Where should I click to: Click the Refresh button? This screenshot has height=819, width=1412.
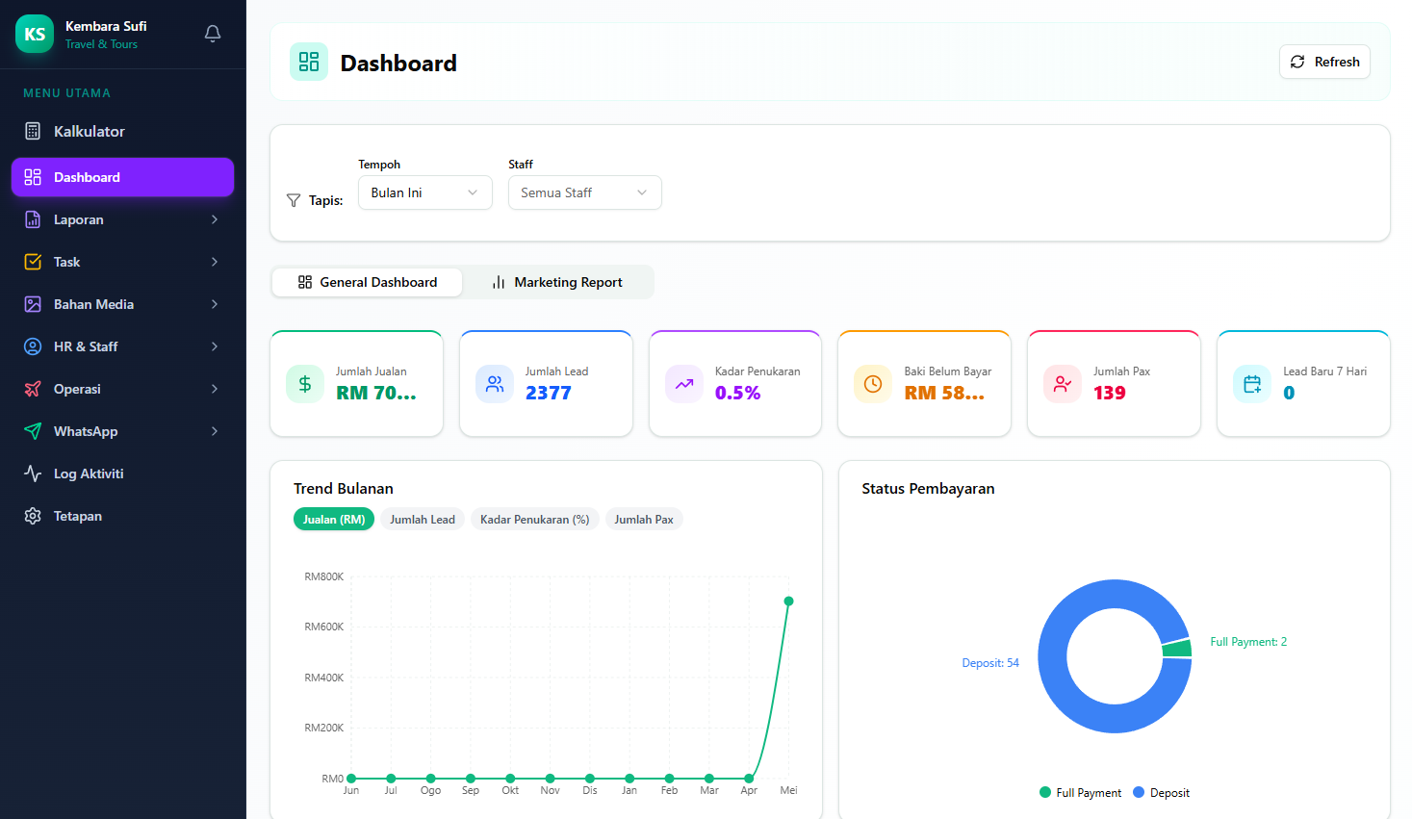1324,62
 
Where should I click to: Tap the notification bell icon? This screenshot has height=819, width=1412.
213,34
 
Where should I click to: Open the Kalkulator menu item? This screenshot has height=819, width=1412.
89,131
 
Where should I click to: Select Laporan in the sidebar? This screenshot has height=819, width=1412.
78,219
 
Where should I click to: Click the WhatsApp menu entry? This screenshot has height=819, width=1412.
86,431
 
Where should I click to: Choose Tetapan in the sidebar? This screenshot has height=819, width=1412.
78,516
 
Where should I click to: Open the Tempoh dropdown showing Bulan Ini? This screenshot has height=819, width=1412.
424,192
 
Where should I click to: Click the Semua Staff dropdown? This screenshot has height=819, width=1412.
585,192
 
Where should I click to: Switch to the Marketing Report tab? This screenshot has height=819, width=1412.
557,282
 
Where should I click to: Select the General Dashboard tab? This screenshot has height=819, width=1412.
367,282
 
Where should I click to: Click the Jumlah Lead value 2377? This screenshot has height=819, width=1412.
549,393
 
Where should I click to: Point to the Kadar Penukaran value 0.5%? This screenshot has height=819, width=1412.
737,393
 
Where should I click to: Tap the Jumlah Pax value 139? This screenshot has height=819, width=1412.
1110,393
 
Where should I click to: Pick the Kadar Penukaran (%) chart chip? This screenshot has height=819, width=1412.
534,520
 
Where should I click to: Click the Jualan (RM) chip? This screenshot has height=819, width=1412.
333,520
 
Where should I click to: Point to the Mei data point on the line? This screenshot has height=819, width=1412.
788,601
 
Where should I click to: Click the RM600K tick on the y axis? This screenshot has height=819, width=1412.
324,627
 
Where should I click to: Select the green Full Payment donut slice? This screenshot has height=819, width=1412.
1177,648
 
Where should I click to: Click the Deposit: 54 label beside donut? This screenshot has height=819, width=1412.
990,663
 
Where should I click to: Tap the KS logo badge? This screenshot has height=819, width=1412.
35,34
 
